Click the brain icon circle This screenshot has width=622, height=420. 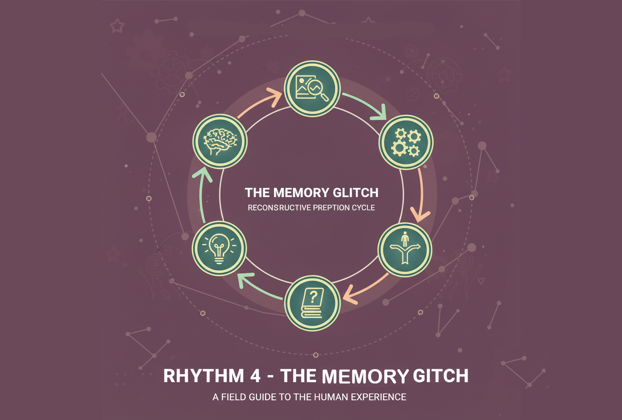[220, 141]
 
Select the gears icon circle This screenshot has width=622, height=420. [406, 142]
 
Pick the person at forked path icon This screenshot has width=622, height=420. [405, 249]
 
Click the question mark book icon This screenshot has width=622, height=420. [312, 303]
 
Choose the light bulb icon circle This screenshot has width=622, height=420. [219, 248]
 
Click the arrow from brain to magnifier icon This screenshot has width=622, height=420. [260, 102]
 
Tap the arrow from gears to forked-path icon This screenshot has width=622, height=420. [421, 195]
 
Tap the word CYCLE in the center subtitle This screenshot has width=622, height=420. [364, 208]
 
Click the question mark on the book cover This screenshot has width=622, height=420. [313, 297]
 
